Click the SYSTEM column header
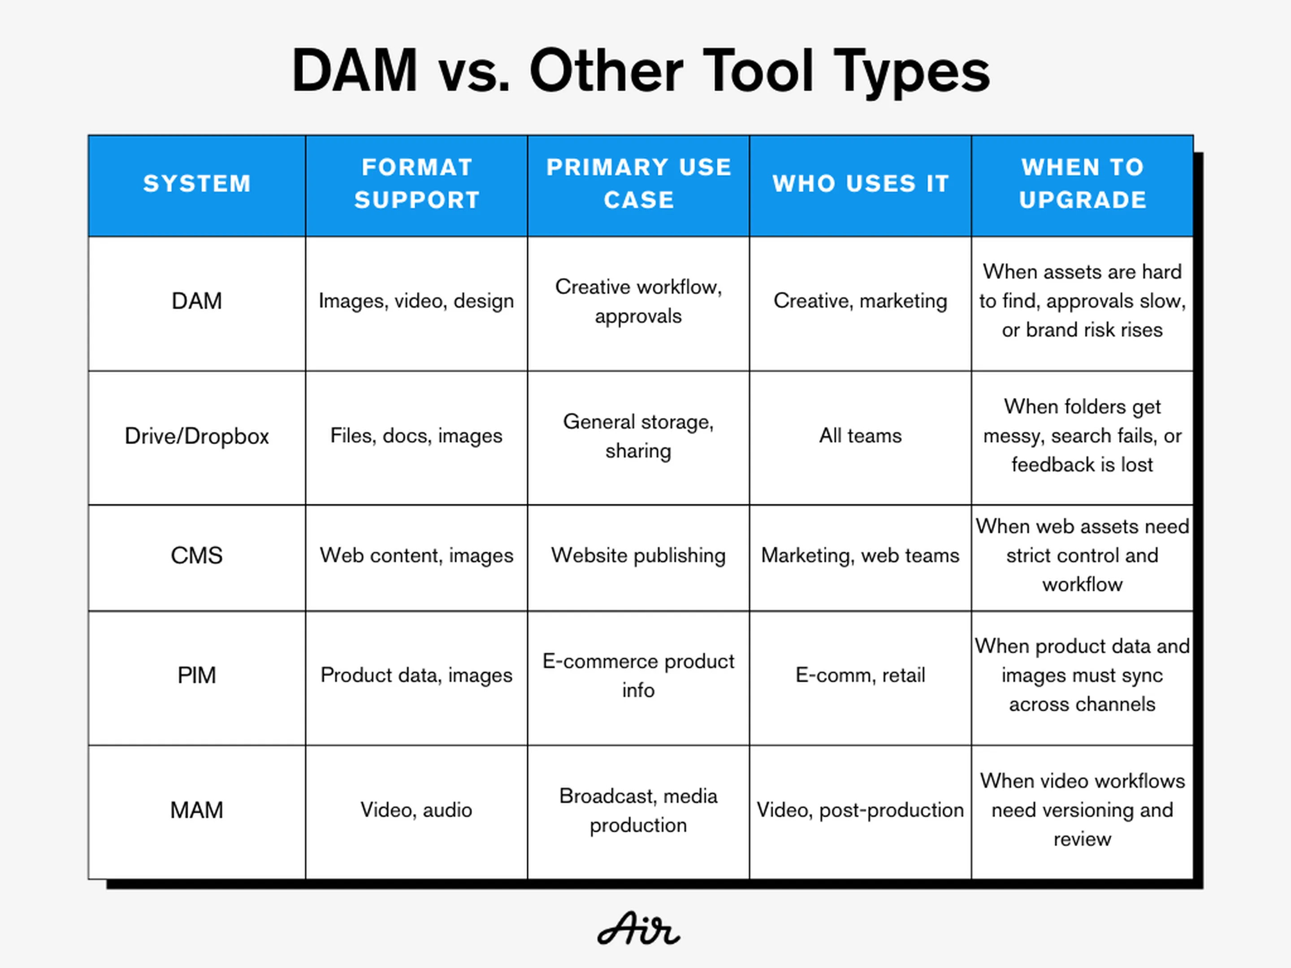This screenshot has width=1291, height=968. coord(197,184)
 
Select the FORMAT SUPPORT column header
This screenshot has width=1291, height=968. coord(417,184)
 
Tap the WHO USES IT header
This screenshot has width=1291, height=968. coord(860,184)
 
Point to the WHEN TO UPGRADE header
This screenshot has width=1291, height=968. coord(1083,184)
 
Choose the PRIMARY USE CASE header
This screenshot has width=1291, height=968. coord(638,184)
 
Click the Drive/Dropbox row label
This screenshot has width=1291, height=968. coord(197,436)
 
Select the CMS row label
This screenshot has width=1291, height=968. coord(197,555)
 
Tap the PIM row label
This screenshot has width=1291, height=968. coord(197,675)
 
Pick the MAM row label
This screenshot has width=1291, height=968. coord(197,810)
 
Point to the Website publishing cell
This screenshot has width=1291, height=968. coord(638,555)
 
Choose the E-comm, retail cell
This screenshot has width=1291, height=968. coord(860,675)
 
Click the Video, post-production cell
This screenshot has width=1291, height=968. coord(860,810)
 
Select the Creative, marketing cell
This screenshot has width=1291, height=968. coord(860,301)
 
